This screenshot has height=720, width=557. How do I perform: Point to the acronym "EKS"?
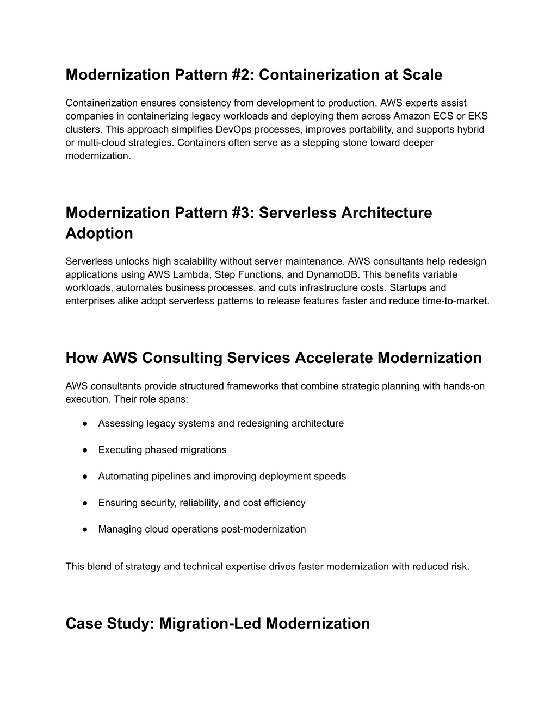click(475, 116)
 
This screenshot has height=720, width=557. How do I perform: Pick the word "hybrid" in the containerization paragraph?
click(471, 129)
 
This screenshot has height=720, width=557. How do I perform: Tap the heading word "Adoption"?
click(99, 233)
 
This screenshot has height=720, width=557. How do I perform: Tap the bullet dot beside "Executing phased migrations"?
click(85, 450)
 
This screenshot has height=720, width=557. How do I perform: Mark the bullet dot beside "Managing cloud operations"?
click(85, 529)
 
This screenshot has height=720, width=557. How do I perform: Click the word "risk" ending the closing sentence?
click(459, 566)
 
